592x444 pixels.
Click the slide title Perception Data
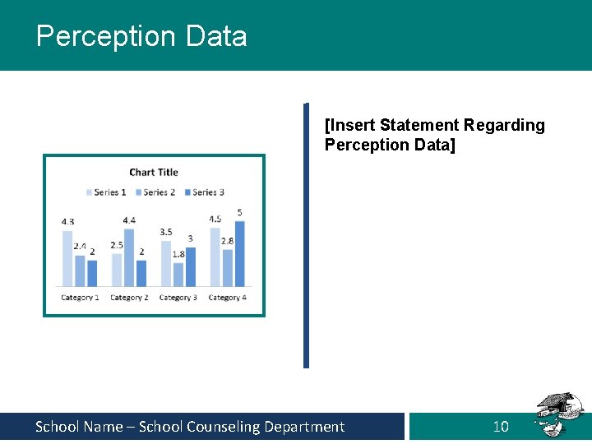[x=141, y=36]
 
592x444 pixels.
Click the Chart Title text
[x=154, y=172]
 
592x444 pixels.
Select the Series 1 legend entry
[x=106, y=192]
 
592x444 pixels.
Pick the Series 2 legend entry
[x=155, y=192]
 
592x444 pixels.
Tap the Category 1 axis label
[x=80, y=298]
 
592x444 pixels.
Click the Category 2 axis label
[x=129, y=298]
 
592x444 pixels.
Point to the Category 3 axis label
[x=178, y=298]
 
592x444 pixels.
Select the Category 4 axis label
[x=228, y=298]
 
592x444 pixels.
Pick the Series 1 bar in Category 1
[x=67, y=258]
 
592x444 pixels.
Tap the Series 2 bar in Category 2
[x=129, y=257]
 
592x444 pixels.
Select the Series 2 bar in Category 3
[x=178, y=274]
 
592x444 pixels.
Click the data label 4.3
[x=67, y=222]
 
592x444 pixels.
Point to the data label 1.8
[x=178, y=255]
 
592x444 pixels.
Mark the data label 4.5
[x=215, y=220]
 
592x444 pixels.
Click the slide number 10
[x=501, y=427]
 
